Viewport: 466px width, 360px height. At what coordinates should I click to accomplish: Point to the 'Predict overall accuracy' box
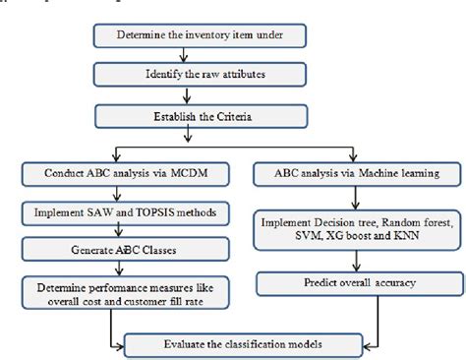353,284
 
